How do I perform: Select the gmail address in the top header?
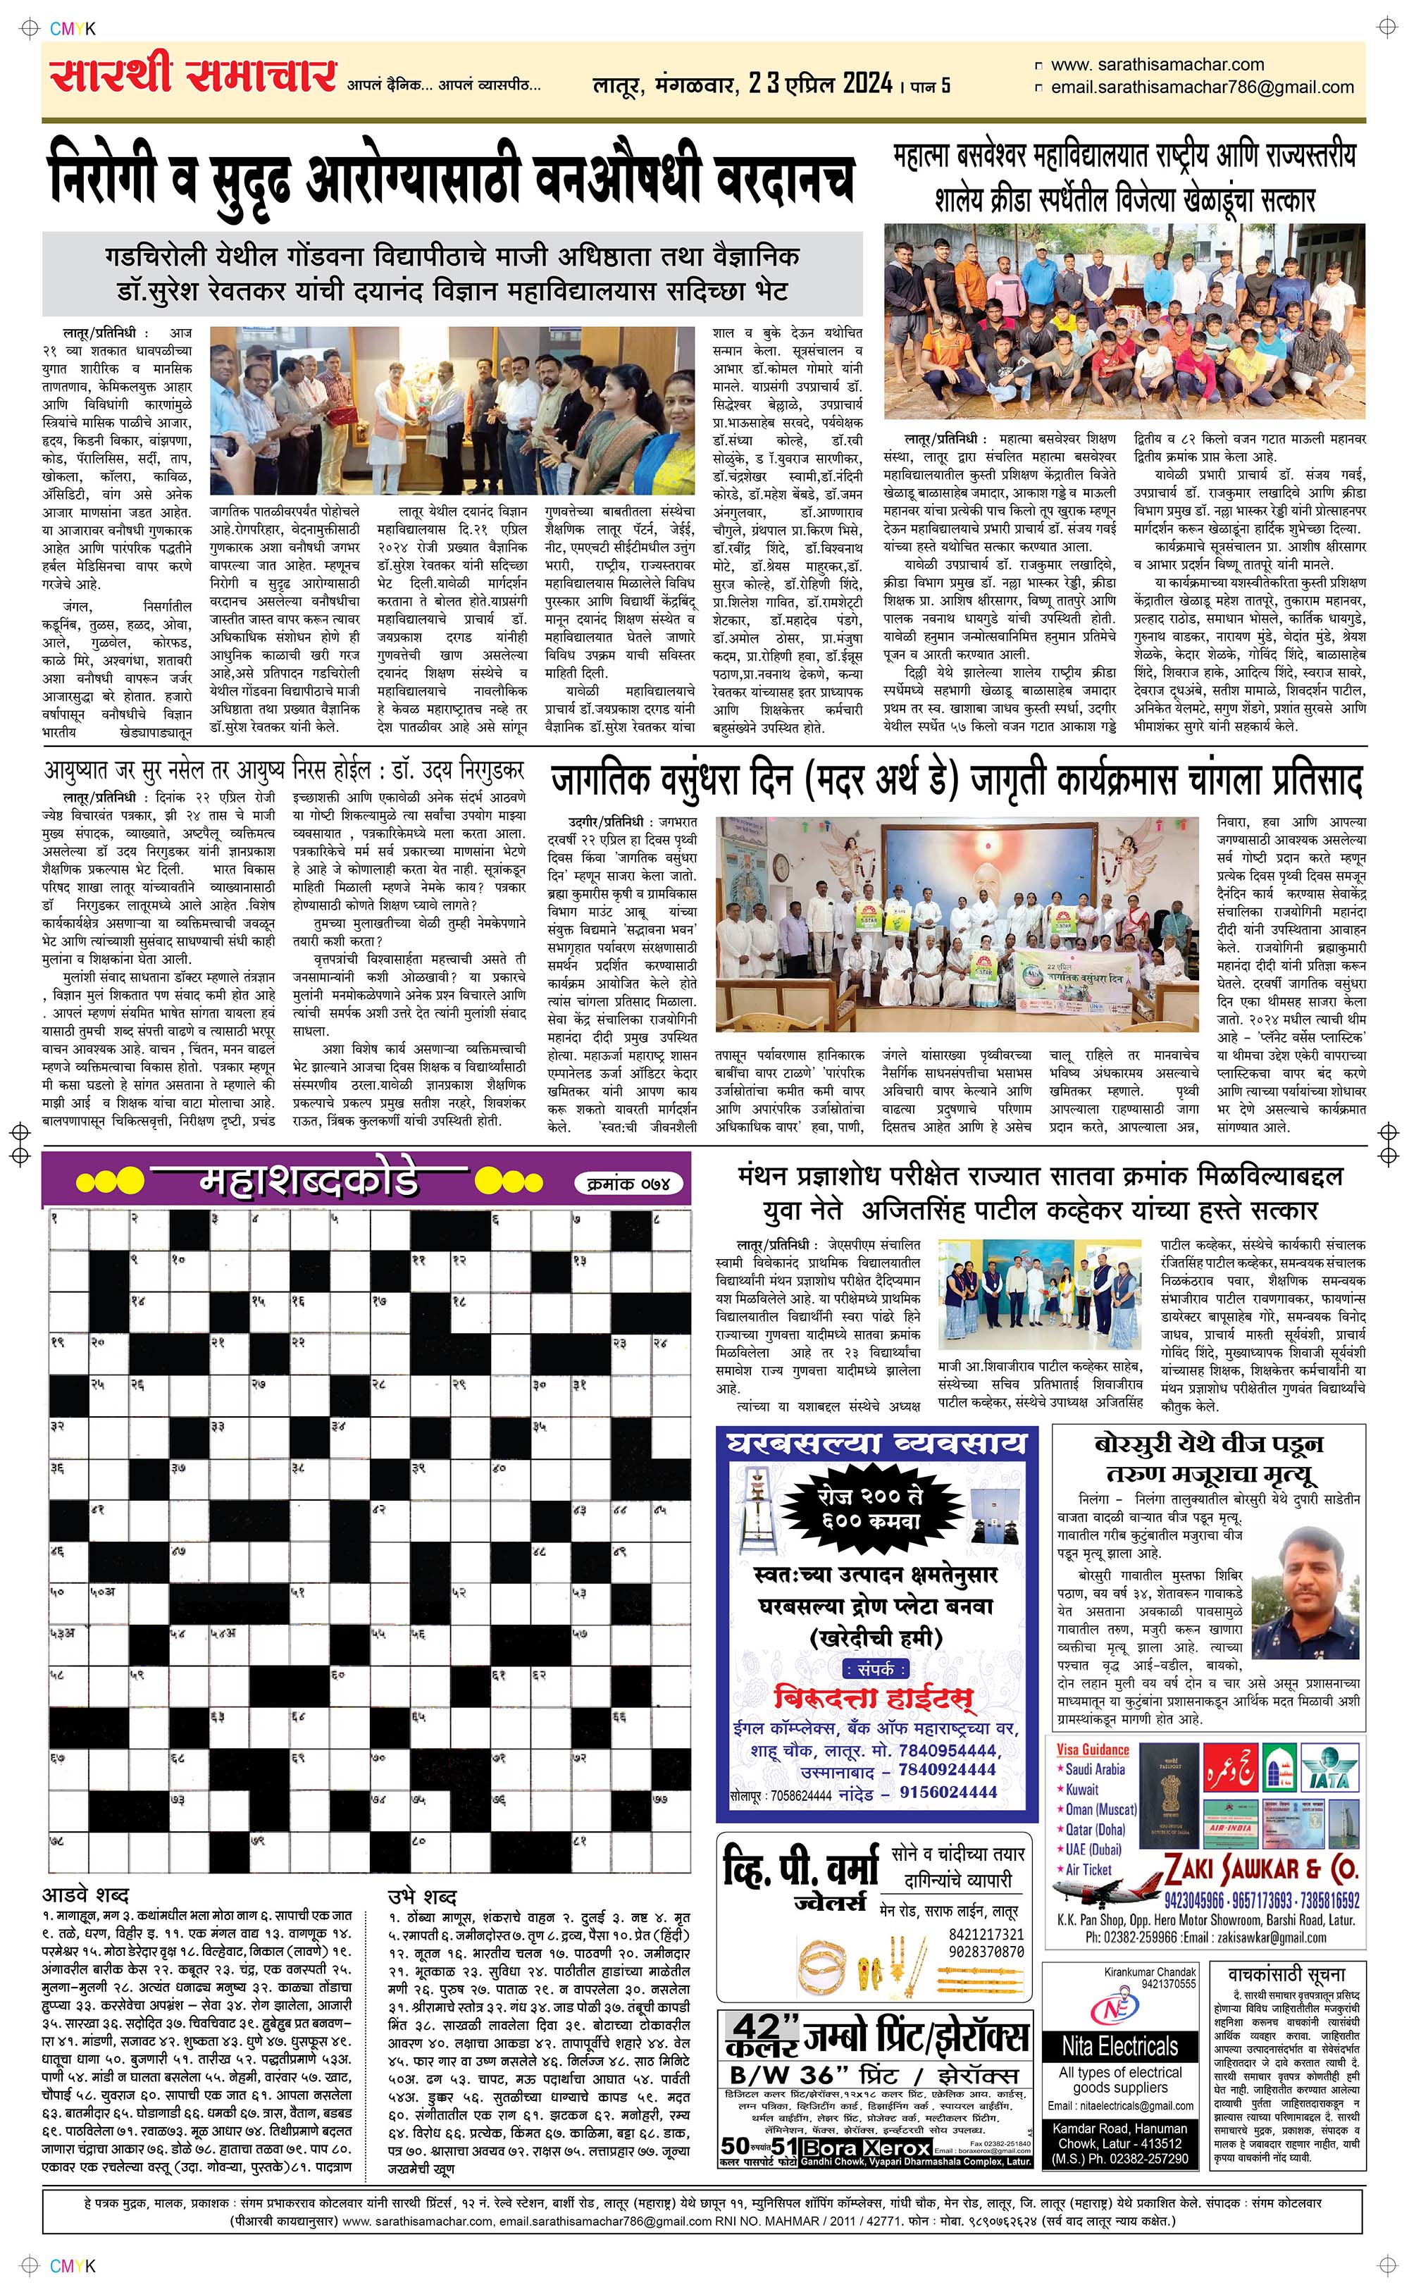point(1201,87)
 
